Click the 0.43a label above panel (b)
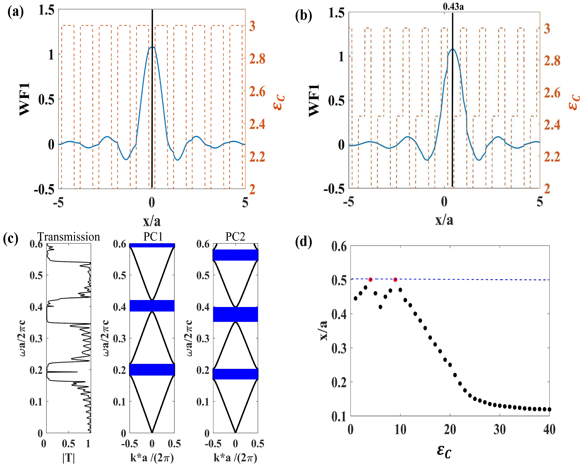pos(453,7)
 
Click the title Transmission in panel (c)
pos(69,237)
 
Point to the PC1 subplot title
pos(153,237)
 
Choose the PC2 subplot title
pos(235,237)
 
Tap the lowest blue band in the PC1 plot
pos(152,369)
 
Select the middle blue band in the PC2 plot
pos(235,314)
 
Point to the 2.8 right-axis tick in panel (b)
pos(552,61)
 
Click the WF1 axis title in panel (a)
pos(25,99)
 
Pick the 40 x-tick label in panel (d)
pos(549,430)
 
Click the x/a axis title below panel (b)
pos(444,220)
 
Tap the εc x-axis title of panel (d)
pos(444,451)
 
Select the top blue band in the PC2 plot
pos(235,255)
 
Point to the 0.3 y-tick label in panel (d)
pos(339,348)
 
